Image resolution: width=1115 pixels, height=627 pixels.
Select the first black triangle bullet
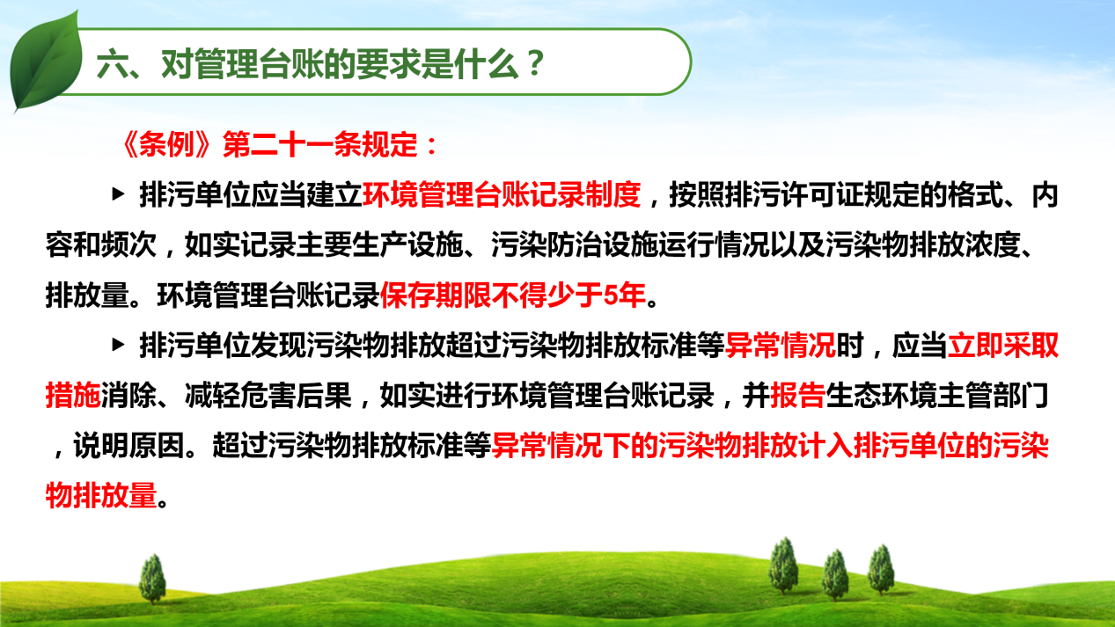point(118,194)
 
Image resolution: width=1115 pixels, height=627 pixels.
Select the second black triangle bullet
point(118,345)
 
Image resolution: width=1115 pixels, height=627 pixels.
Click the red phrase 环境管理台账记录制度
point(502,194)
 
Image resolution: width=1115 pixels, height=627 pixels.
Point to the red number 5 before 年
point(610,295)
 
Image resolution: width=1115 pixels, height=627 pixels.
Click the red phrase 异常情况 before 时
point(780,345)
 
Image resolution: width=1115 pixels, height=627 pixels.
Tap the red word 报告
point(797,396)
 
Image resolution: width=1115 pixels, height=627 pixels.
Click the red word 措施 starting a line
point(73,396)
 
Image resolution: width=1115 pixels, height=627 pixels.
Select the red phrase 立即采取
point(1003,345)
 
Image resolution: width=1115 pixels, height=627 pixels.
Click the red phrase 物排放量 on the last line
point(101,495)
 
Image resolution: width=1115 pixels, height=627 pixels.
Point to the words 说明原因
point(128,446)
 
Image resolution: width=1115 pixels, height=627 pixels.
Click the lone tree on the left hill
point(152,579)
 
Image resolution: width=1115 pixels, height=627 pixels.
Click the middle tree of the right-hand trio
point(835,575)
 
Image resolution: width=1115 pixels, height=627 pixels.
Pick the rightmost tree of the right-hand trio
point(881,569)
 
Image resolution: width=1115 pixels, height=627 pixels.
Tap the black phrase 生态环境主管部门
point(937,396)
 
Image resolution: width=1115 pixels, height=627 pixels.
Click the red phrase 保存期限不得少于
point(491,295)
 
